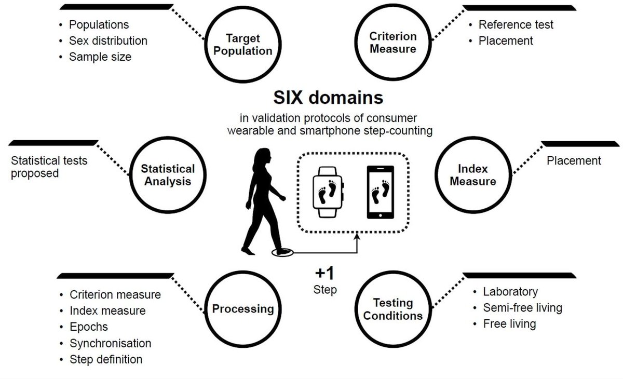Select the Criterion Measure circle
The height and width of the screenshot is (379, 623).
coord(393,43)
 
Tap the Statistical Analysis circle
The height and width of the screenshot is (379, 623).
coord(168,175)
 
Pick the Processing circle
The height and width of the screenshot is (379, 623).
coord(242,309)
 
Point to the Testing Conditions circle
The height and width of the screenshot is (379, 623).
coord(393,309)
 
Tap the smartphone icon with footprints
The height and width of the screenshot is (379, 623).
coord(382,193)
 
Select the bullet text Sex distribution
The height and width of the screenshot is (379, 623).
coord(108,40)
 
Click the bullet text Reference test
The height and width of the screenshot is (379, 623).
coord(516,24)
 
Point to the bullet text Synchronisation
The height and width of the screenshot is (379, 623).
coord(110,343)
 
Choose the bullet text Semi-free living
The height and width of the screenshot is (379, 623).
coord(522,308)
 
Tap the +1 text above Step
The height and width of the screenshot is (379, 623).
coord(324,274)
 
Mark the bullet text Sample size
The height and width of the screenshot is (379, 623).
coord(100,57)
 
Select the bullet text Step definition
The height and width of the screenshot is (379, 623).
coord(105,359)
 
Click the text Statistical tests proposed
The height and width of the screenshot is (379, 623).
coord(49,167)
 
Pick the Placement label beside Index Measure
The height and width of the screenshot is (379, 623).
coord(574,161)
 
